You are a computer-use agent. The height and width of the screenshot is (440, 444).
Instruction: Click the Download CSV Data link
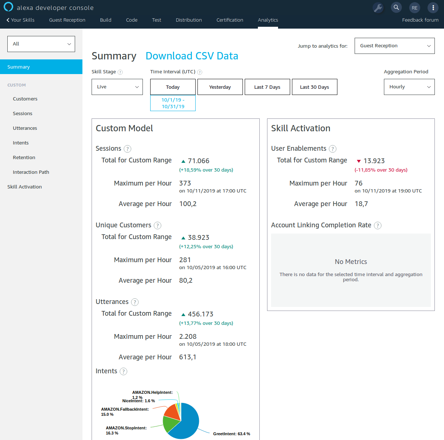point(192,56)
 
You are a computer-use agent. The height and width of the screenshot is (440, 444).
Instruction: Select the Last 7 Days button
point(267,87)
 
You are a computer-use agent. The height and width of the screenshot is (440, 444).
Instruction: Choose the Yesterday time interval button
point(220,87)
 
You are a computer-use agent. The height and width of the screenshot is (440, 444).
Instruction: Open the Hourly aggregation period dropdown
point(409,87)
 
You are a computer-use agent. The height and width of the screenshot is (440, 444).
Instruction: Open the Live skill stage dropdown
point(117,87)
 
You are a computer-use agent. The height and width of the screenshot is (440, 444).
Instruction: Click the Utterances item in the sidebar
point(25,128)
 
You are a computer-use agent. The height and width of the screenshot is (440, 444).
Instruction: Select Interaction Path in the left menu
point(31,172)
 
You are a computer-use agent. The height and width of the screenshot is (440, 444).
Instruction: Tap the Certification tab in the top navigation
point(230,20)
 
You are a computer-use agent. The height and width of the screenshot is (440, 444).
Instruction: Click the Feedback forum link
point(420,20)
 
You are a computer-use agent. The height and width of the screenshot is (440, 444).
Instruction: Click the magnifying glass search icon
point(396,7)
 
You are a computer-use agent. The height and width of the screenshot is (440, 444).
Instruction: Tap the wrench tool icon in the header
point(378,8)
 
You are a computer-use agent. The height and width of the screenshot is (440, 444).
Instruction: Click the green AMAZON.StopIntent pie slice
point(170,424)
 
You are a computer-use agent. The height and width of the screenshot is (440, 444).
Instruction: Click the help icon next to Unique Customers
point(158,225)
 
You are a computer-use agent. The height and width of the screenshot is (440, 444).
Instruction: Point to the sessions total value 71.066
point(198,161)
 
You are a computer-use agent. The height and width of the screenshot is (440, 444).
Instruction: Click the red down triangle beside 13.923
point(359,161)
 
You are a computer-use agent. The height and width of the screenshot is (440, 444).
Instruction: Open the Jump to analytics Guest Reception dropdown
point(394,46)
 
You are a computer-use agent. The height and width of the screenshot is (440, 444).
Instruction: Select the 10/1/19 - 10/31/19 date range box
point(173,103)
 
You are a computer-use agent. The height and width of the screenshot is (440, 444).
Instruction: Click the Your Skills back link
point(21,20)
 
